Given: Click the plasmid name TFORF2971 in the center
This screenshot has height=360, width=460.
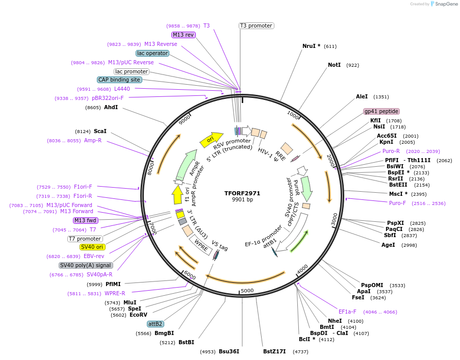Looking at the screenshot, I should pyautogui.click(x=242, y=193).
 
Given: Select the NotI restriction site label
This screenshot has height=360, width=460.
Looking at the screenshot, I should pyautogui.click(x=334, y=65).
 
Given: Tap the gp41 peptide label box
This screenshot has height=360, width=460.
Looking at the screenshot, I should pyautogui.click(x=381, y=111).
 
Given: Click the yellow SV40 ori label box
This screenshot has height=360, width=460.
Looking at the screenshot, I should pyautogui.click(x=93, y=247).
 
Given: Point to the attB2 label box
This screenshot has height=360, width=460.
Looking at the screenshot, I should pyautogui.click(x=156, y=324).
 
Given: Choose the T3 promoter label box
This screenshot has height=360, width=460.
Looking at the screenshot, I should pyautogui.click(x=256, y=25).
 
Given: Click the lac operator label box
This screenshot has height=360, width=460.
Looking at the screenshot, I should pyautogui.click(x=152, y=53).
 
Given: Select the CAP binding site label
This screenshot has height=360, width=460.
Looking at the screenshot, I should pyautogui.click(x=120, y=80).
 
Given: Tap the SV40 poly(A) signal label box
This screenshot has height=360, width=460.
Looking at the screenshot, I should pyautogui.click(x=86, y=265).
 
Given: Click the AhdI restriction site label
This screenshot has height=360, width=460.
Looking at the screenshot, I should pyautogui.click(x=111, y=107).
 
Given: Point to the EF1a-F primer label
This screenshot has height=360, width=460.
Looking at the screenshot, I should pyautogui.click(x=347, y=312).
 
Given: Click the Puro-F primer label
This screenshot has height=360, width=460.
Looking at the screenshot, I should pyautogui.click(x=398, y=203).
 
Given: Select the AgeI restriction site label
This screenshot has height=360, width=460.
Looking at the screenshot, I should pyautogui.click(x=388, y=245).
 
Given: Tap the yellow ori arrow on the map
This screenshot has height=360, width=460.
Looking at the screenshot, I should pyautogui.click(x=211, y=139).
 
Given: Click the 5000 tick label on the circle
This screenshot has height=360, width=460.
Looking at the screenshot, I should pyautogui.click(x=247, y=291).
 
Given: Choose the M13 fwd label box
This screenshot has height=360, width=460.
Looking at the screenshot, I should pyautogui.click(x=85, y=220).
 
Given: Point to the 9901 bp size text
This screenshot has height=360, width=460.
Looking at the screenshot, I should pyautogui.click(x=242, y=200).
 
